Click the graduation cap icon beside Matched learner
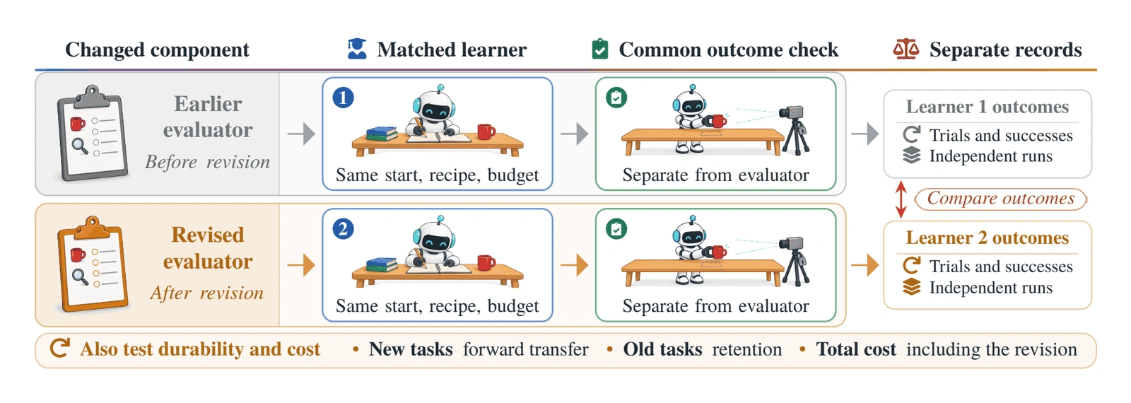pyautogui.click(x=357, y=49)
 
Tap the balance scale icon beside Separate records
pyautogui.click(x=906, y=49)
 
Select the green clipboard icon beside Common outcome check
pyautogui.click(x=600, y=49)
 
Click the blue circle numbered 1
pyautogui.click(x=343, y=98)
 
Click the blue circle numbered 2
pyautogui.click(x=343, y=229)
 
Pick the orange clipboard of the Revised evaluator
pyautogui.click(x=92, y=264)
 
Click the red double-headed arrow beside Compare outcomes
pyautogui.click(x=901, y=199)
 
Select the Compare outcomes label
pyautogui.click(x=1000, y=199)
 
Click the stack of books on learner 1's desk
pyautogui.click(x=382, y=134)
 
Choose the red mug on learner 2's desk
pyautogui.click(x=486, y=262)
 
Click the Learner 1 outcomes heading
pyautogui.click(x=987, y=107)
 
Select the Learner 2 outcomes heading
pyautogui.click(x=987, y=238)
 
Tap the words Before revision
pyautogui.click(x=208, y=162)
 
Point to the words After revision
pyautogui.click(x=207, y=293)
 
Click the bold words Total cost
pyautogui.click(x=856, y=349)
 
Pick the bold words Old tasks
pyautogui.click(x=662, y=349)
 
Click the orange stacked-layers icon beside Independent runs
pyautogui.click(x=911, y=287)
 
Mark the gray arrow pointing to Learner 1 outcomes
pyautogui.click(x=865, y=134)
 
